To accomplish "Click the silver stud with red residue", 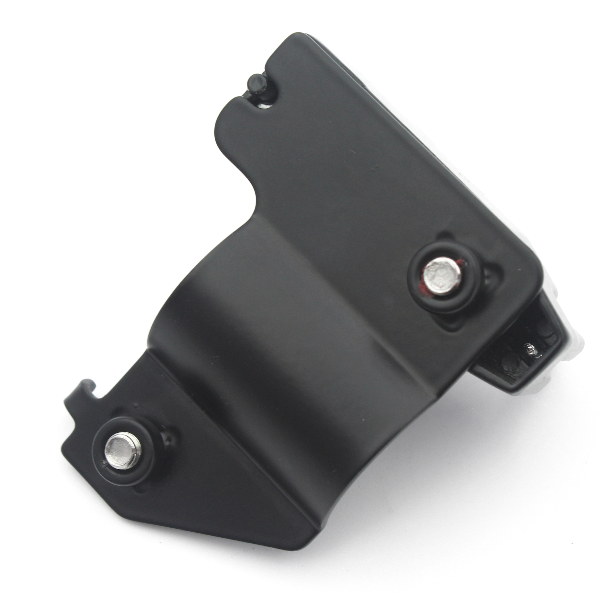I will pyautogui.click(x=442, y=275).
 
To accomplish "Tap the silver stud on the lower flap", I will pyautogui.click(x=122, y=451).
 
